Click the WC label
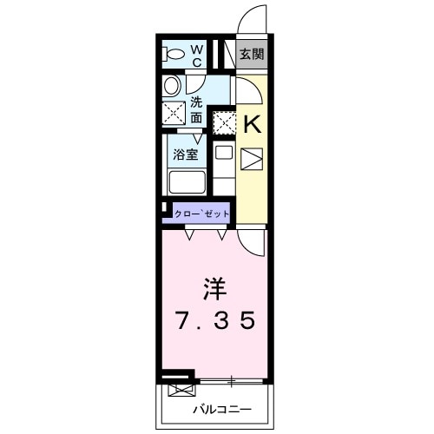pyautogui.click(x=196, y=56)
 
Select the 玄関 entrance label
pyautogui.click(x=253, y=55)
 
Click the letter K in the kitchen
pyautogui.click(x=252, y=124)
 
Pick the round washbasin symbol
pyautogui.click(x=172, y=85)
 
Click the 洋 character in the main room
pyautogui.click(x=216, y=286)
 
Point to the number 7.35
pyautogui.click(x=216, y=322)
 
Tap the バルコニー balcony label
pyautogui.click(x=221, y=408)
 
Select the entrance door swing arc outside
pyautogui.click(x=252, y=19)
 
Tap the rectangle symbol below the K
pyautogui.click(x=251, y=160)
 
